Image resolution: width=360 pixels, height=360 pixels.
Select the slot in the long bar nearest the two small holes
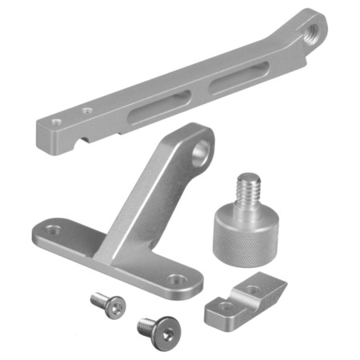pos(160,106)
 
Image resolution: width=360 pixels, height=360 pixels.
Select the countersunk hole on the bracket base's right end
pos(178,280)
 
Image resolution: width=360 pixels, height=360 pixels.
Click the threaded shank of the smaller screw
pos(97,300)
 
